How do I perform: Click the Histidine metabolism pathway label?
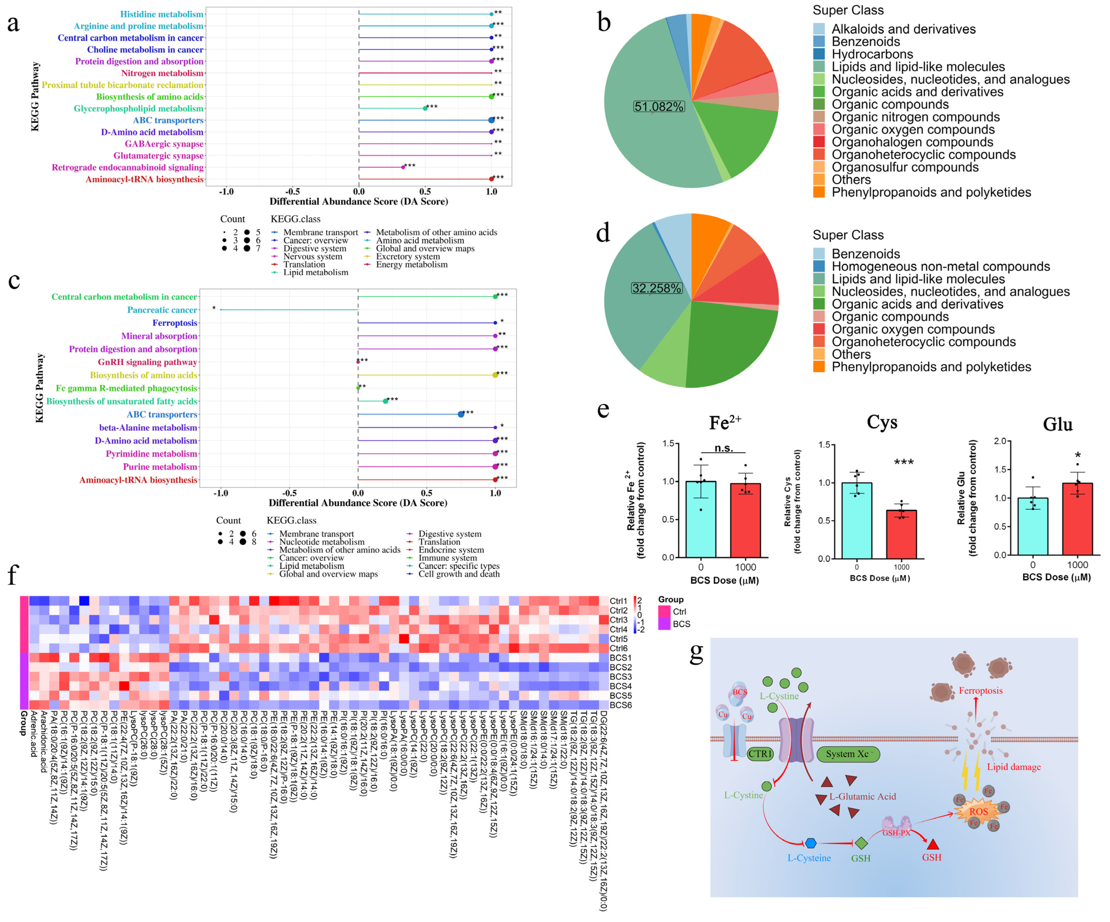click(x=161, y=14)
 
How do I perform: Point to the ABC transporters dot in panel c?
click(x=461, y=414)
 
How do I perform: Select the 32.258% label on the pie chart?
click(x=657, y=289)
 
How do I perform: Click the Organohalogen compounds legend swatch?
click(x=819, y=142)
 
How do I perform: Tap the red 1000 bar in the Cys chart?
click(x=901, y=534)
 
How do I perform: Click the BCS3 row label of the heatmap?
click(x=621, y=677)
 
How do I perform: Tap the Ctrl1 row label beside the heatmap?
click(x=619, y=601)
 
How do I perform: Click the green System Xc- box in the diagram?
click(x=848, y=754)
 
